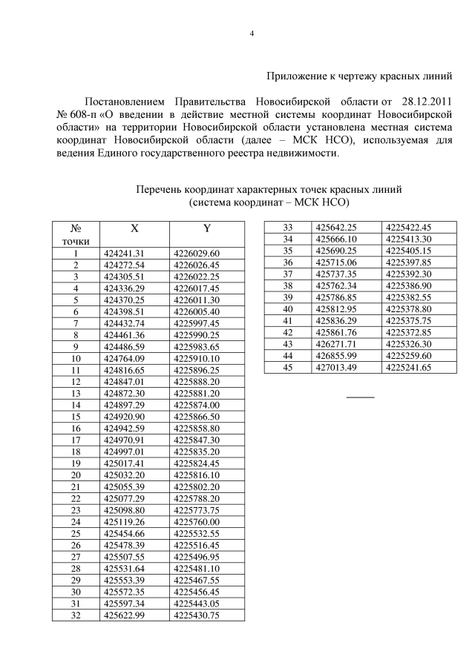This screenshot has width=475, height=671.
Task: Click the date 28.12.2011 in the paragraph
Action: (421, 100)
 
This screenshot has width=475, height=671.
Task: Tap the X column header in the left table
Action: (134, 229)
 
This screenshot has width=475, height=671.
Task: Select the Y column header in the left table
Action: (207, 229)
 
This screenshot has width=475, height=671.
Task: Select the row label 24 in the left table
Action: (75, 521)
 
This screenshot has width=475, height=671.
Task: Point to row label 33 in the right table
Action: (288, 227)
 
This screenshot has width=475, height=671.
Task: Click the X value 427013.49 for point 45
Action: (336, 367)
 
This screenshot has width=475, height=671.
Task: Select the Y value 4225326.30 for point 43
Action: (410, 344)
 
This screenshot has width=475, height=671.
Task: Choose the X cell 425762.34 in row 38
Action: (336, 285)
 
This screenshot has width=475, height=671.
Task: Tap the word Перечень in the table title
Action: (160, 189)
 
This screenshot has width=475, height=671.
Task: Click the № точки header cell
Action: (75, 234)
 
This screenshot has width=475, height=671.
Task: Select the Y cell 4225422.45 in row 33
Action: (410, 227)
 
